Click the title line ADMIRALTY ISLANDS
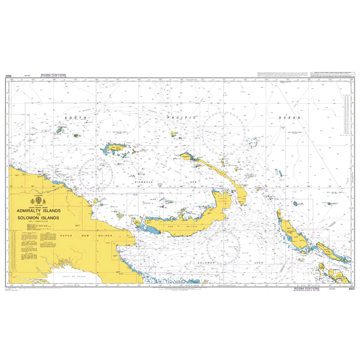[40, 211]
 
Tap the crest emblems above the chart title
[41, 200]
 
